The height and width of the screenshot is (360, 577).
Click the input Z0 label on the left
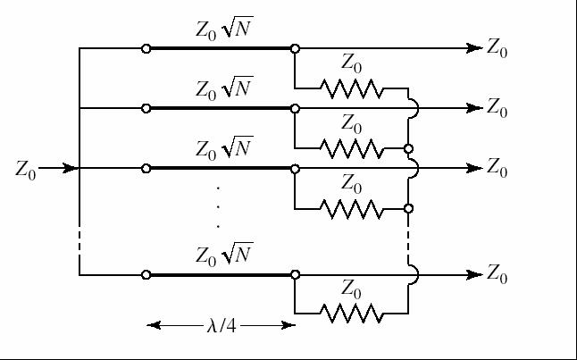pyautogui.click(x=26, y=169)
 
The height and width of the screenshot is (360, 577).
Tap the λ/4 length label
pyautogui.click(x=220, y=326)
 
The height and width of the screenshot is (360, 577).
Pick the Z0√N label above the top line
pyautogui.click(x=224, y=29)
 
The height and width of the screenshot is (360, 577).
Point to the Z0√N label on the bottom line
pyautogui.click(x=224, y=255)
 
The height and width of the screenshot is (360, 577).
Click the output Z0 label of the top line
pyautogui.click(x=498, y=49)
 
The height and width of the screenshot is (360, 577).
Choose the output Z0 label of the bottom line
pyautogui.click(x=498, y=276)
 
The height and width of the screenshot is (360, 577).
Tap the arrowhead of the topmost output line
pyautogui.click(x=475, y=48)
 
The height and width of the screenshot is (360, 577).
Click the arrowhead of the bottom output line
pyautogui.click(x=475, y=275)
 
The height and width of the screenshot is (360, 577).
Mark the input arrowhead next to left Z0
pyautogui.click(x=71, y=168)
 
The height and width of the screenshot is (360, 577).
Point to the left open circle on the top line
pyautogui.click(x=146, y=48)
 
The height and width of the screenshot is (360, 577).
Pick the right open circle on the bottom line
pyautogui.click(x=295, y=275)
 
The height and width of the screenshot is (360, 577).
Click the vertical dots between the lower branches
pyautogui.click(x=219, y=206)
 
